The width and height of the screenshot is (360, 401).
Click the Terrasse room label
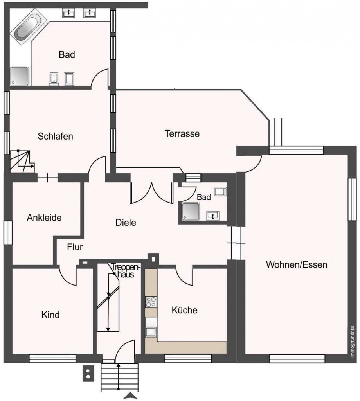[182, 134]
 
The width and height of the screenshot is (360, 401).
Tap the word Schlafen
[56, 137]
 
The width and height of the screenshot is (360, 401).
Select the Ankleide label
[44, 218]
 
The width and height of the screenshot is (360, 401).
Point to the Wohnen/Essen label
[296, 264]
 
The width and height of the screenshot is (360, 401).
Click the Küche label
[184, 311]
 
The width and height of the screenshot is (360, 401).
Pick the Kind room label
[50, 315]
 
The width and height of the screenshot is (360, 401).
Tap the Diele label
[126, 223]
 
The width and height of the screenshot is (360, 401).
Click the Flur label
[75, 247]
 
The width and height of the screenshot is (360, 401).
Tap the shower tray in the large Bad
[19, 76]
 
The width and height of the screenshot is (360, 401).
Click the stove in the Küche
[151, 302]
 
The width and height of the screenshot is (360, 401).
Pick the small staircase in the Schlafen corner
[22, 162]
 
